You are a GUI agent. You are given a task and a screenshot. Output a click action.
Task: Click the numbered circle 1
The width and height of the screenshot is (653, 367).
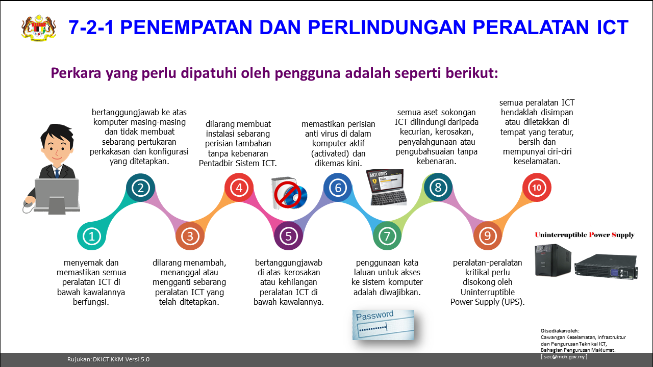pos(91,236)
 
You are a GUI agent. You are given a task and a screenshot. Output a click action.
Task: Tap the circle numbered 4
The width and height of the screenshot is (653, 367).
pos(239,188)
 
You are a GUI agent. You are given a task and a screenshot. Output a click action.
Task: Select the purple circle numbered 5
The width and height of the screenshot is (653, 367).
pos(288,236)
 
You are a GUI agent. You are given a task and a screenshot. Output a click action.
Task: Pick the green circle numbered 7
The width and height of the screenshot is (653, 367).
pos(387,236)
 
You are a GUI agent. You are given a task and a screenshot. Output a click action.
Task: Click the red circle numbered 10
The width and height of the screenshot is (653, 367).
pos(537,188)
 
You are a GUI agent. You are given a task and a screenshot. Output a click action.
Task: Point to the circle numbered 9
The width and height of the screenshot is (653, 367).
pos(487,236)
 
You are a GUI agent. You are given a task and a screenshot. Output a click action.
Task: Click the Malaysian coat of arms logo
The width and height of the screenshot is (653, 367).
pos(39,28)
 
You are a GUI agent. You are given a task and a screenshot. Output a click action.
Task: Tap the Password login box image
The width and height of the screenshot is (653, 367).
pos(383,325)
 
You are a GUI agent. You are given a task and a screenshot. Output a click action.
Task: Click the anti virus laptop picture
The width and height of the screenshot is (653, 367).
pos(386,187)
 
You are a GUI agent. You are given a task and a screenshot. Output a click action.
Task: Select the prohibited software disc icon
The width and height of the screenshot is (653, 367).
pos(289,193)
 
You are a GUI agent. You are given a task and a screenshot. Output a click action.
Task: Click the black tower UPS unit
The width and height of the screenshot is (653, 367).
pos(552,260)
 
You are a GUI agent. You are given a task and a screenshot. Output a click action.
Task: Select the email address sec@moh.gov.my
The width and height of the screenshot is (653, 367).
pos(564,356)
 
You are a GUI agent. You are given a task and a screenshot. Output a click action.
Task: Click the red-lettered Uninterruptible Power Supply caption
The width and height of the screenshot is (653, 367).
pos(585,235)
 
